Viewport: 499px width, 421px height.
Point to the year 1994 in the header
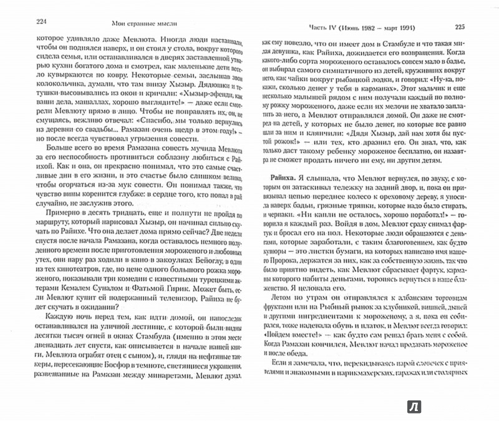pos(430,27)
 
